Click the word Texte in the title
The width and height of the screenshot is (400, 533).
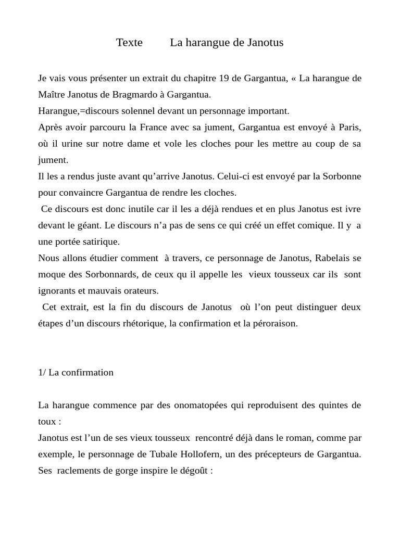pos(129,43)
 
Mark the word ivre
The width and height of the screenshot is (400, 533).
pos(352,209)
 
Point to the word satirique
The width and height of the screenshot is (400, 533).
pos(101,242)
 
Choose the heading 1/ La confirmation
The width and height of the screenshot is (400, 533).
pos(76,372)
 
